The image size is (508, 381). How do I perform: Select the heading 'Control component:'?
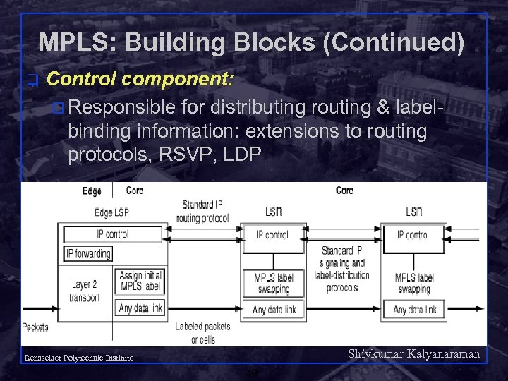140,78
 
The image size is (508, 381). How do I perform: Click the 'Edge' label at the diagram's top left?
92,191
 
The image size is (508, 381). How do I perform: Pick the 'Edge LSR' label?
111,213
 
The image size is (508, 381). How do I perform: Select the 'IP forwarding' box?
88,253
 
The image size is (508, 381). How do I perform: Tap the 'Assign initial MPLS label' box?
141,282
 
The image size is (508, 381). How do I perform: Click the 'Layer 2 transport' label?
85,291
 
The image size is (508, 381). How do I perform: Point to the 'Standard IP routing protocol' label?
202,211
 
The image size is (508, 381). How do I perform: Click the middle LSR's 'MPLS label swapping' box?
273,284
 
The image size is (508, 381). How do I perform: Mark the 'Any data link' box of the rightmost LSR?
414,309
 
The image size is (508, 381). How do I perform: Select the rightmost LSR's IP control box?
413,235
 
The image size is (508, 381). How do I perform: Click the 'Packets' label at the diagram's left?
35,327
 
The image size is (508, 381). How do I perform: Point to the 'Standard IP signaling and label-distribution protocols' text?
342,269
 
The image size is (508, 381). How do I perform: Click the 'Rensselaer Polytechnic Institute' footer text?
78,358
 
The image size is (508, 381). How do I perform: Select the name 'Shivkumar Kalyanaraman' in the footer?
414,354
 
